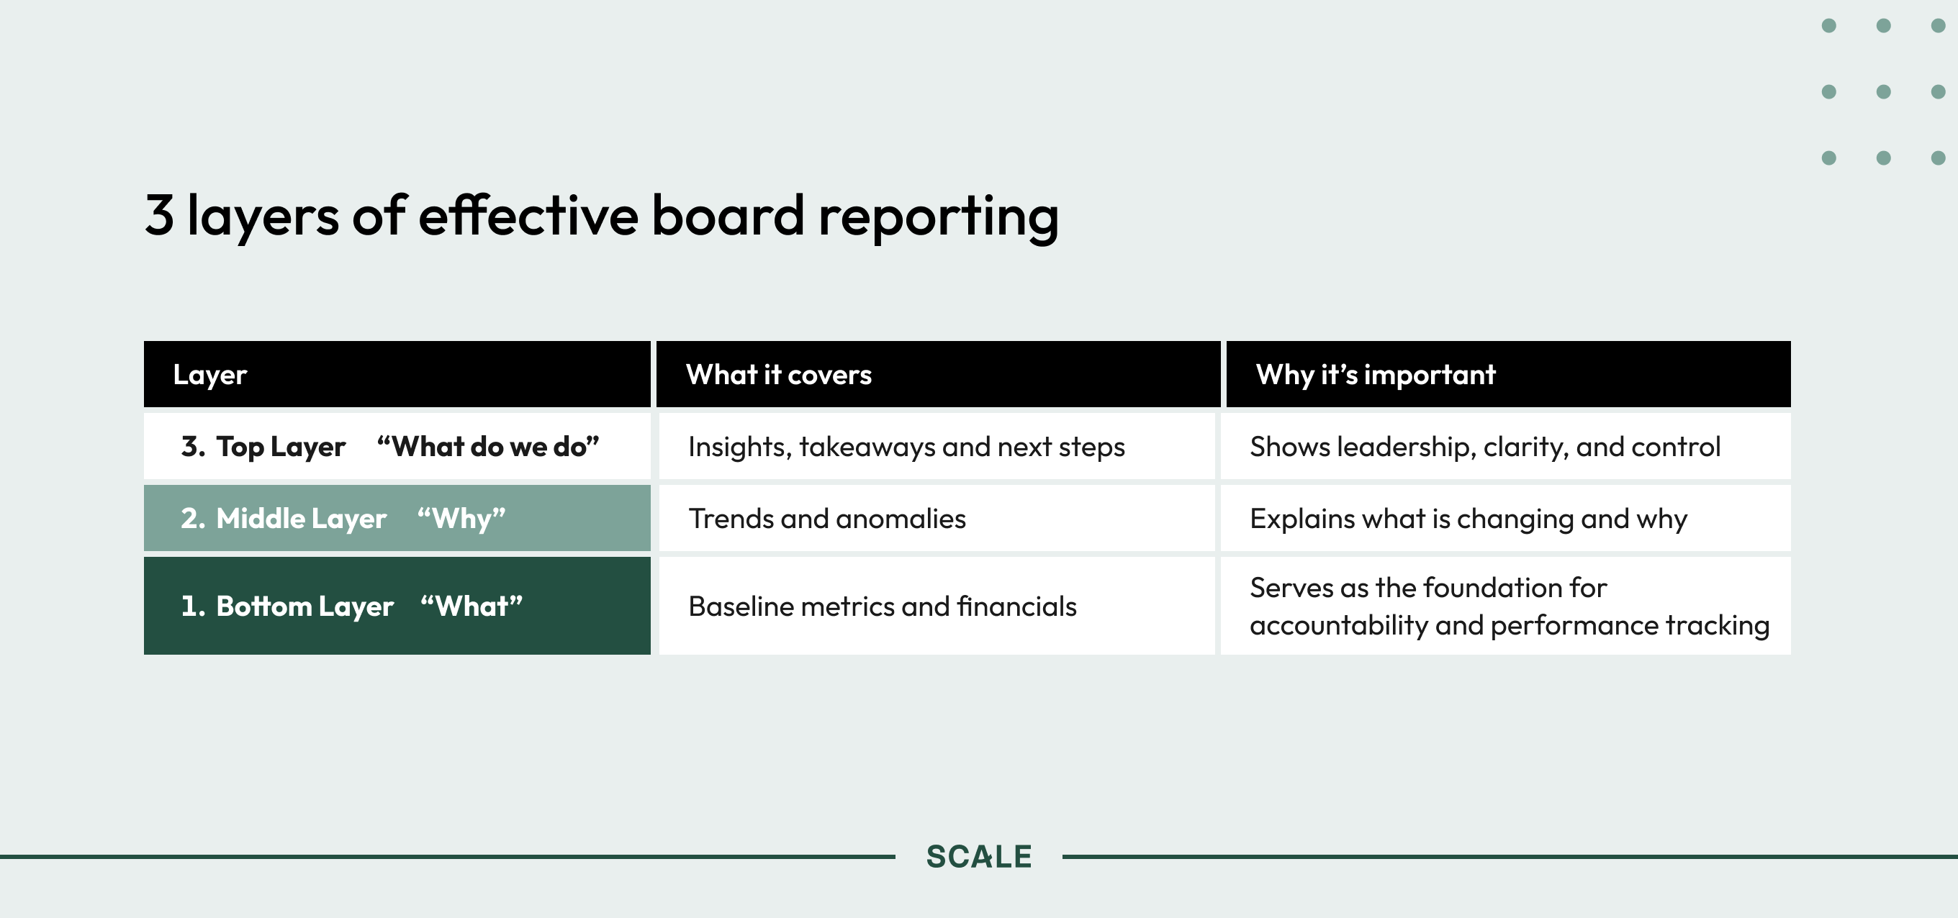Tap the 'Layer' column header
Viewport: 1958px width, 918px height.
coord(209,375)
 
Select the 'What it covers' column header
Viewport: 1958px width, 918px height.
coord(778,374)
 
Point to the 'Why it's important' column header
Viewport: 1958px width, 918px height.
coord(1376,374)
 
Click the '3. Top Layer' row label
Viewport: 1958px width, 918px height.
coord(263,447)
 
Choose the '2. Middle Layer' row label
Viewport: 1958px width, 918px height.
coord(284,518)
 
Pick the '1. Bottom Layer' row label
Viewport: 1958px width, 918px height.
coord(287,606)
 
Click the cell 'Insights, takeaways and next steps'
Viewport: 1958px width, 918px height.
coord(906,447)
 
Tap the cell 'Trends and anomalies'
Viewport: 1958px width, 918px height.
coord(827,518)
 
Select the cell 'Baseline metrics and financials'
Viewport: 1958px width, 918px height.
coord(883,606)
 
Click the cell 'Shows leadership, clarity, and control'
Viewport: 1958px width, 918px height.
coord(1485,447)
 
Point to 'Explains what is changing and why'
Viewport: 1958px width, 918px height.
coord(1468,519)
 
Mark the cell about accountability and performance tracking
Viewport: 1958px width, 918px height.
coord(1510,606)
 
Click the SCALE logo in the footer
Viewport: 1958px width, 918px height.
coord(979,856)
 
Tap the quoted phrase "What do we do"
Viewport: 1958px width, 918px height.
coord(488,446)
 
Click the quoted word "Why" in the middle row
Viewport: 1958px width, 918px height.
coord(461,519)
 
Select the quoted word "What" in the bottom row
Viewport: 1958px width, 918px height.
coord(472,606)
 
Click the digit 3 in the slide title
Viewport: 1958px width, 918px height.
coord(160,215)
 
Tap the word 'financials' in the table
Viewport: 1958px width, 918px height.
coord(1017,606)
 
